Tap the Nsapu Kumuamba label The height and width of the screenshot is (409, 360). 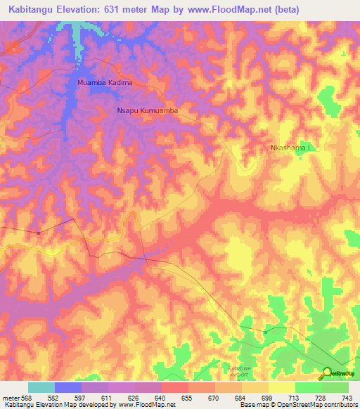(147, 111)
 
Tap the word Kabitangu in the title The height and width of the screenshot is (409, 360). (29, 9)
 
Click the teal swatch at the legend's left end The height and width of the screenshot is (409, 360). (41, 387)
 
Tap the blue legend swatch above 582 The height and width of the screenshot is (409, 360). (67, 387)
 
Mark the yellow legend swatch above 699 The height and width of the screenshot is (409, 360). (255, 387)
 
